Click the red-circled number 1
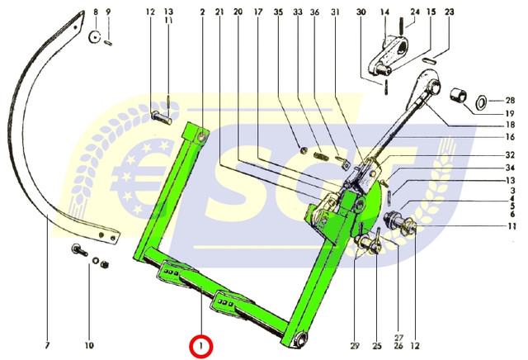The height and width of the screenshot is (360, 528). coord(201,346)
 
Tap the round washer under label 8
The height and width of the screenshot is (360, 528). coord(95,36)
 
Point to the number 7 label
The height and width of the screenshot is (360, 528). coord(47,345)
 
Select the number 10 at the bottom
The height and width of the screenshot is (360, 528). coord(89,345)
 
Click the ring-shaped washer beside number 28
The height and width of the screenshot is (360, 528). coord(481,102)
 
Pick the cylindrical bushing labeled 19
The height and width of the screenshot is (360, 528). coord(459,95)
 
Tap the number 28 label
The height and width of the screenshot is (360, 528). coord(510,101)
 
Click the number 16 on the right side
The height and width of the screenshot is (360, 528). coord(510,136)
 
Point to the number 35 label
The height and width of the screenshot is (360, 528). coord(278,12)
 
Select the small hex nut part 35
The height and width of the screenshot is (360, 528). coord(303,150)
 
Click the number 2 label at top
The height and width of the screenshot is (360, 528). coord(202,12)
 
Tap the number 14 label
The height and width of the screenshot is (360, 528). coord(384,12)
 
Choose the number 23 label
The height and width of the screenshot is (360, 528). coord(449,12)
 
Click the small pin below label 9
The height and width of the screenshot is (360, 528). coord(108,43)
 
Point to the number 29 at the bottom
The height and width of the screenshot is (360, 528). coord(355,345)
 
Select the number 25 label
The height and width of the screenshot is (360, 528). coord(377,345)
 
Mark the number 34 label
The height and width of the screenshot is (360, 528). coord(510,168)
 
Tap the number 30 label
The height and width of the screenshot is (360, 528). coord(361,12)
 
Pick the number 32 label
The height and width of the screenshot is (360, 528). coord(510,154)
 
